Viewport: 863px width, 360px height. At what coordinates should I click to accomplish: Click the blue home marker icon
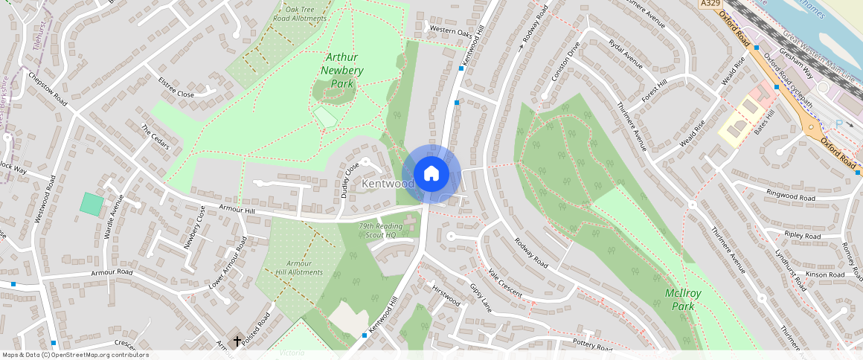[x=431, y=174]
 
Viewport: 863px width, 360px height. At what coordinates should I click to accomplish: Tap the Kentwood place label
[x=388, y=184]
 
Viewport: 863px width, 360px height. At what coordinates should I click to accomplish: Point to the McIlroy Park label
[x=680, y=300]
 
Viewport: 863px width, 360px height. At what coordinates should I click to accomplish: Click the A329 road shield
[x=711, y=4]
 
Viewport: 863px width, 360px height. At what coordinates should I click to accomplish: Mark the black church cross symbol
[x=237, y=341]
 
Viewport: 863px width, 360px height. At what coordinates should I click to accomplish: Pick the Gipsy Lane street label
[x=481, y=297]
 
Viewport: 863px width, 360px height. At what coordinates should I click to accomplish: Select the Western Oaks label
[x=450, y=32]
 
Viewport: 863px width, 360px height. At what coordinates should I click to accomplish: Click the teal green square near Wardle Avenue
[x=92, y=205]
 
